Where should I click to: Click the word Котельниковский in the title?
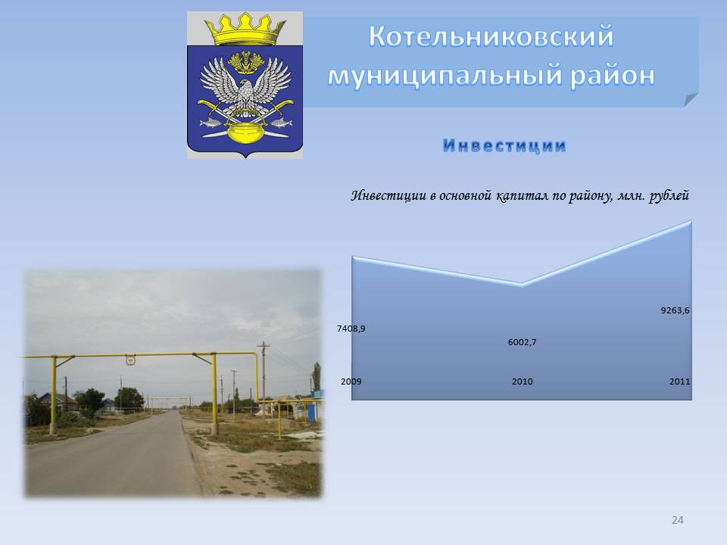tap(491, 36)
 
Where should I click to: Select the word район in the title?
tap(612, 76)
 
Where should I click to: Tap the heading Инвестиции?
tap(504, 145)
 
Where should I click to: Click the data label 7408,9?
tap(351, 329)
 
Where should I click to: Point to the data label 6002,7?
tap(522, 342)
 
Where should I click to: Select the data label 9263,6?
tap(675, 310)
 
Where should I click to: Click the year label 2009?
tap(351, 381)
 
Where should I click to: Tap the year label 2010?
tap(522, 381)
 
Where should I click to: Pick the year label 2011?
tap(680, 381)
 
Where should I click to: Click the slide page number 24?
tap(677, 521)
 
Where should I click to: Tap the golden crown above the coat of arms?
tap(245, 29)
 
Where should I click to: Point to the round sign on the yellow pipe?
tap(130, 360)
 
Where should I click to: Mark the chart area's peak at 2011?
tap(691, 222)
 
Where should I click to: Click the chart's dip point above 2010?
tap(523, 284)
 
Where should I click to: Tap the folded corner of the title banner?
tap(691, 99)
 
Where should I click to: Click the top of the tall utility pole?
tap(264, 344)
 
